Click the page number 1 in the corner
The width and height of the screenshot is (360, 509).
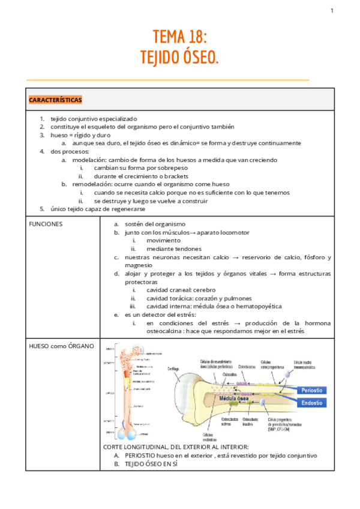[331, 11]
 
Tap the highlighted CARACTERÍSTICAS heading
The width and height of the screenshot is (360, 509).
[56, 100]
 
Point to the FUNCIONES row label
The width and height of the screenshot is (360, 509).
[46, 224]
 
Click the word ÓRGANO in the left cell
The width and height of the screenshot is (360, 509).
[80, 347]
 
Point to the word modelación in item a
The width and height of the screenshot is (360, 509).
[89, 160]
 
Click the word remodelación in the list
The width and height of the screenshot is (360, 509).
[93, 184]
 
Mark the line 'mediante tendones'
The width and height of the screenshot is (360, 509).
[174, 248]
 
